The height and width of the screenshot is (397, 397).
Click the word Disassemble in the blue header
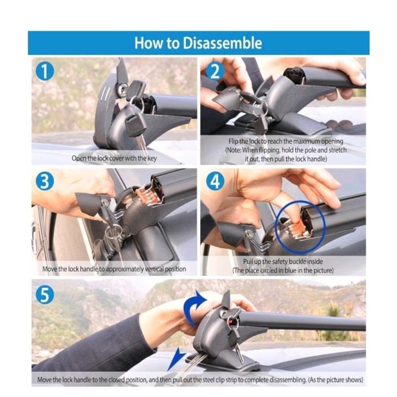click(222, 43)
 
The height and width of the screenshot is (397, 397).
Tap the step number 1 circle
click(45, 71)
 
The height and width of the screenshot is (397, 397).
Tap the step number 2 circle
click(215, 72)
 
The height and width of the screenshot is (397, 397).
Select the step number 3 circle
click(45, 181)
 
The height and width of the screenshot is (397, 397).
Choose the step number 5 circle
click(45, 295)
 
